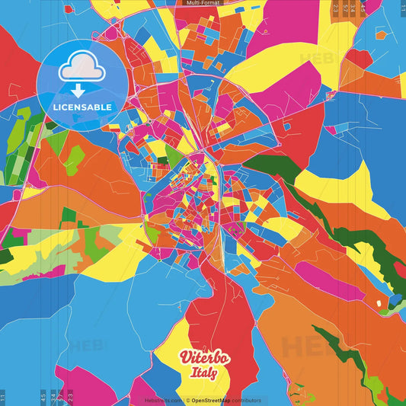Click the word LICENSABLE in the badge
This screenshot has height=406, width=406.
(x=82, y=107)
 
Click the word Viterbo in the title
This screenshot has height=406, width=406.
(x=199, y=358)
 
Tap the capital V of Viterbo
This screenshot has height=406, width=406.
(x=184, y=357)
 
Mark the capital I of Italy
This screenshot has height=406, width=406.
(x=189, y=373)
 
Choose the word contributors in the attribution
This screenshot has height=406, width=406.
(x=245, y=400)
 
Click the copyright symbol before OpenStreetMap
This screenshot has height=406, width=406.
(x=187, y=400)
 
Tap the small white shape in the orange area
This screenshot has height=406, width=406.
(x=379, y=304)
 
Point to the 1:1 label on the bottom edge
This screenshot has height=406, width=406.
(x=2, y=396)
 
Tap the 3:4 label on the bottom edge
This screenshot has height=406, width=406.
(x=53, y=396)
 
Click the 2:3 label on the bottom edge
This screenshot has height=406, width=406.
(x=71, y=396)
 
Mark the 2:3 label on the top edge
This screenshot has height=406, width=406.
(x=335, y=8)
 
